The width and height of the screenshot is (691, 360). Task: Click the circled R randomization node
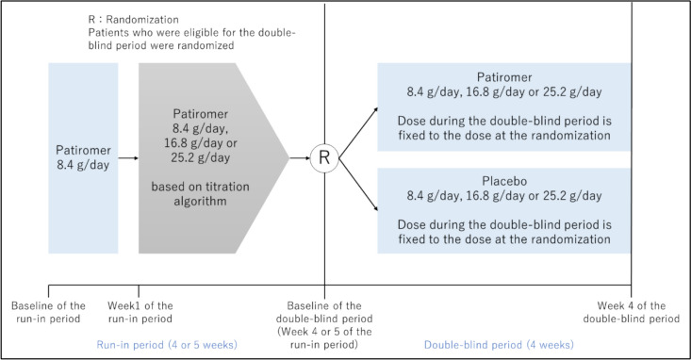pos(324,157)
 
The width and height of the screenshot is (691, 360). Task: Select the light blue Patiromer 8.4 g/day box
pos(83,157)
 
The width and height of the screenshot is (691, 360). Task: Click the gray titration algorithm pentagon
pos(214,157)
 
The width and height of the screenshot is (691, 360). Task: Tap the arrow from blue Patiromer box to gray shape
pos(128,157)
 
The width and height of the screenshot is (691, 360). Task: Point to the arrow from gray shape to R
pos(300,157)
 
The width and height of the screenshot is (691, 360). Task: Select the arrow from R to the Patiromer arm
pos(358,132)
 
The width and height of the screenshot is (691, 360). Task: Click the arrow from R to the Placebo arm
pos(358,185)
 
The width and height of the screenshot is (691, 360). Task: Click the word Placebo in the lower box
pos(504,181)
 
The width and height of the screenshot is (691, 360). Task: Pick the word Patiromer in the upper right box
pos(504,77)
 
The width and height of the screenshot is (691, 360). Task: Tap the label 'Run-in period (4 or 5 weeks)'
pos(167,345)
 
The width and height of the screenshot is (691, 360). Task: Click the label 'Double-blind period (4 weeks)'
pos(499,345)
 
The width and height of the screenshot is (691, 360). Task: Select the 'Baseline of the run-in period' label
pos(48,312)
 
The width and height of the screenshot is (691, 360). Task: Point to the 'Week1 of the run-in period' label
pos(140,312)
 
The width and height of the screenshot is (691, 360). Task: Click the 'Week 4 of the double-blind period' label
pos(632,312)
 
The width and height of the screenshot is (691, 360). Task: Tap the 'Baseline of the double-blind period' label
pos(324,325)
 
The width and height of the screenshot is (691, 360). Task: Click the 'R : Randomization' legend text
pos(134,20)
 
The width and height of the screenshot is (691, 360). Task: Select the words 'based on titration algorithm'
pos(201,194)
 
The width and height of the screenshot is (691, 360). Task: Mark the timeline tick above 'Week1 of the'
pos(139,291)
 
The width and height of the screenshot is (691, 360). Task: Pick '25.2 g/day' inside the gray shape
pos(201,157)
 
